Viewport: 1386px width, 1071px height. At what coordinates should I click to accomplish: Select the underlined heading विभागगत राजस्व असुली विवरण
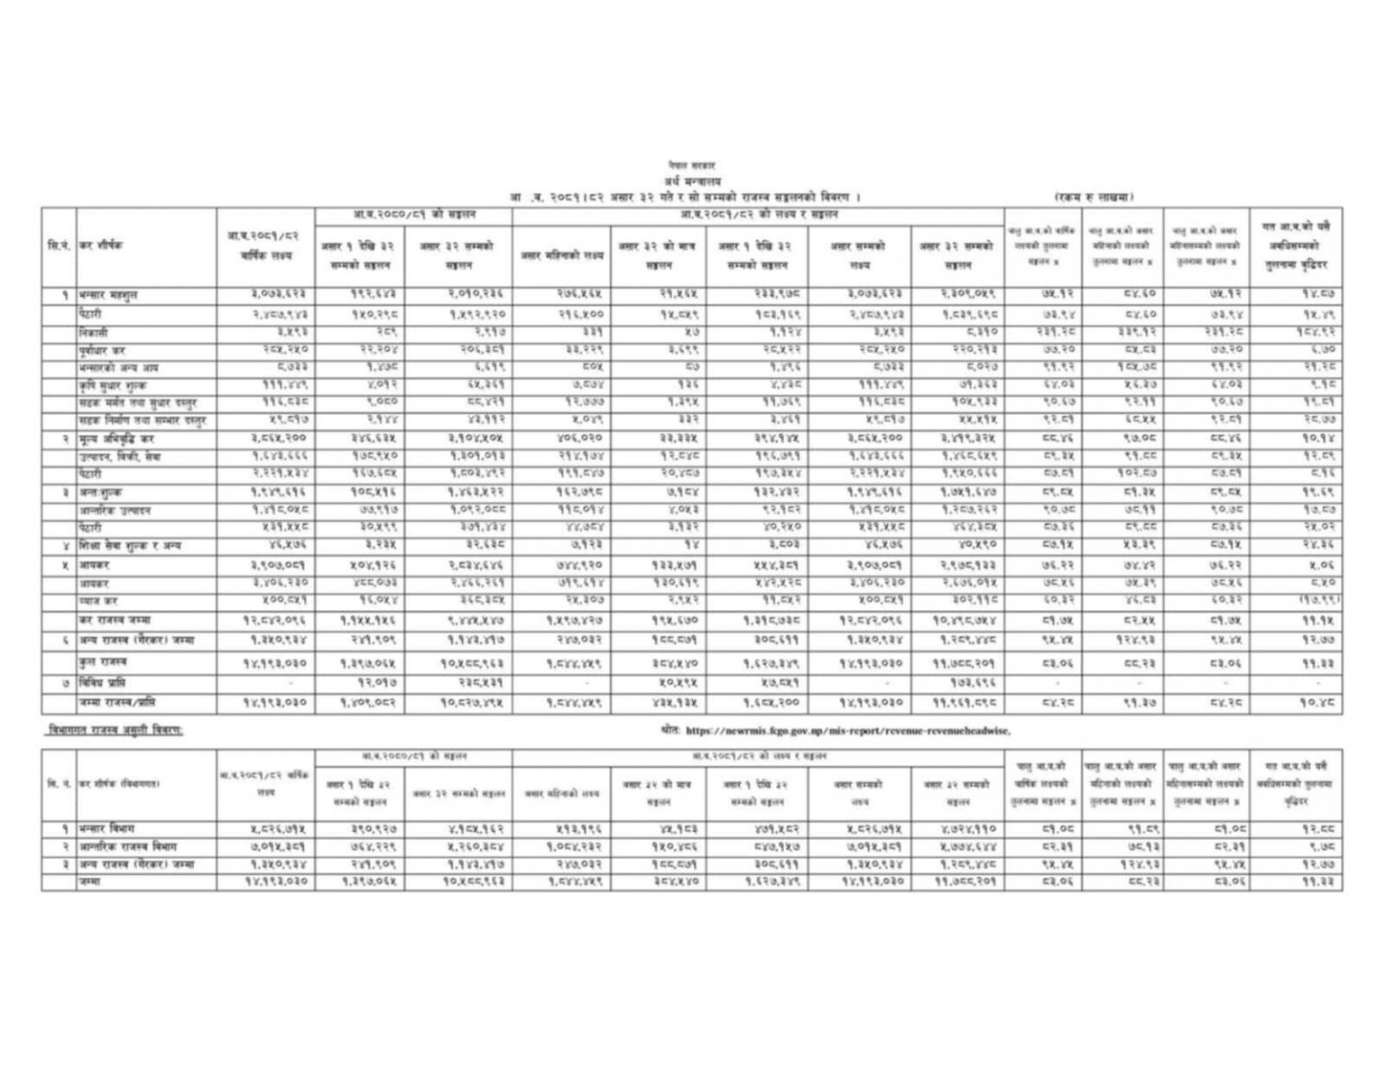click(114, 730)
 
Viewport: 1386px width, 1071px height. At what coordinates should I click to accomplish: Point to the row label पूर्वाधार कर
click(102, 349)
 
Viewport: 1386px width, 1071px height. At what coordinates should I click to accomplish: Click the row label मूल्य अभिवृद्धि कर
click(116, 439)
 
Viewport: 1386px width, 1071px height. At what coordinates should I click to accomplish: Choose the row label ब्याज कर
click(97, 601)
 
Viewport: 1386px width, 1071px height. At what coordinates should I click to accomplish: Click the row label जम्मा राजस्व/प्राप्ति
click(119, 702)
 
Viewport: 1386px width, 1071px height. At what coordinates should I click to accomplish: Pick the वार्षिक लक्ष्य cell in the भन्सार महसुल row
click(264, 295)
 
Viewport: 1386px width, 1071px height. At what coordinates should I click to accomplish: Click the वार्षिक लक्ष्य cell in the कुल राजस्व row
click(264, 662)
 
